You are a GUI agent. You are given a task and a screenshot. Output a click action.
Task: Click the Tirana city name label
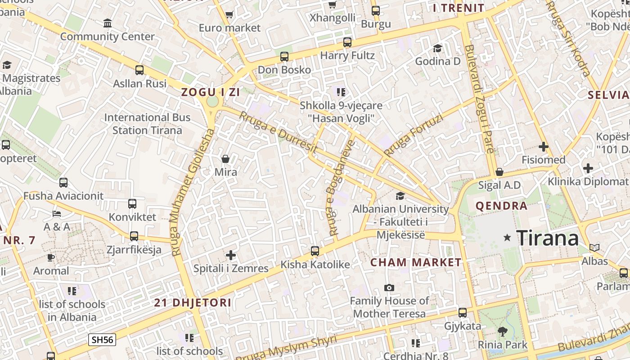(547, 238)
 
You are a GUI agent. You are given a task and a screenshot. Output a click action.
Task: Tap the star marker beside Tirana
(508, 237)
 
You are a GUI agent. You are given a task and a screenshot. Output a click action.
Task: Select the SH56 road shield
(102, 339)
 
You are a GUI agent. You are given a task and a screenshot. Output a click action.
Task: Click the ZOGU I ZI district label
(210, 92)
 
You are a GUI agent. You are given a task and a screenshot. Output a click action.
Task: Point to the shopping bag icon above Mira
(225, 159)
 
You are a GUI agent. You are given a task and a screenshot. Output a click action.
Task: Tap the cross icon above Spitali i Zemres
(231, 255)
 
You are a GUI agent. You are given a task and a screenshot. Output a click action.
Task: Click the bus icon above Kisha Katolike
(315, 251)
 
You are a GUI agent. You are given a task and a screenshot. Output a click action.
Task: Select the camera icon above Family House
(389, 288)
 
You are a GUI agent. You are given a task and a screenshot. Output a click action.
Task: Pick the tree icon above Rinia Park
(503, 332)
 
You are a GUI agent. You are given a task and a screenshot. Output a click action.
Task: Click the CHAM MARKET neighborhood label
(416, 262)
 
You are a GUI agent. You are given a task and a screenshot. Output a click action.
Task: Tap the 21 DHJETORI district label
(193, 302)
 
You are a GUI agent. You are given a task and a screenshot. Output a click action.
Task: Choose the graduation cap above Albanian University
(400, 196)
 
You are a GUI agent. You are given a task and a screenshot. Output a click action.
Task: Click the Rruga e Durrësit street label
(279, 132)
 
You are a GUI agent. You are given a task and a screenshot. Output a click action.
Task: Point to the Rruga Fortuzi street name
(414, 135)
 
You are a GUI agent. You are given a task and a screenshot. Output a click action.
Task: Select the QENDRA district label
(501, 206)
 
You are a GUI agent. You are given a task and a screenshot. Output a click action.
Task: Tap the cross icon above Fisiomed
(544, 147)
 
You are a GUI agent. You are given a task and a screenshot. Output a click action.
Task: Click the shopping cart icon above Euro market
(229, 15)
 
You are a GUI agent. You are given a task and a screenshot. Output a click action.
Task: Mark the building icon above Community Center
(108, 23)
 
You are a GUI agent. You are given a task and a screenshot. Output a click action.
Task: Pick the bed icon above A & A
(57, 213)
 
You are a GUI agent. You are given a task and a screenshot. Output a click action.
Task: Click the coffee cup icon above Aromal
(51, 257)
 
